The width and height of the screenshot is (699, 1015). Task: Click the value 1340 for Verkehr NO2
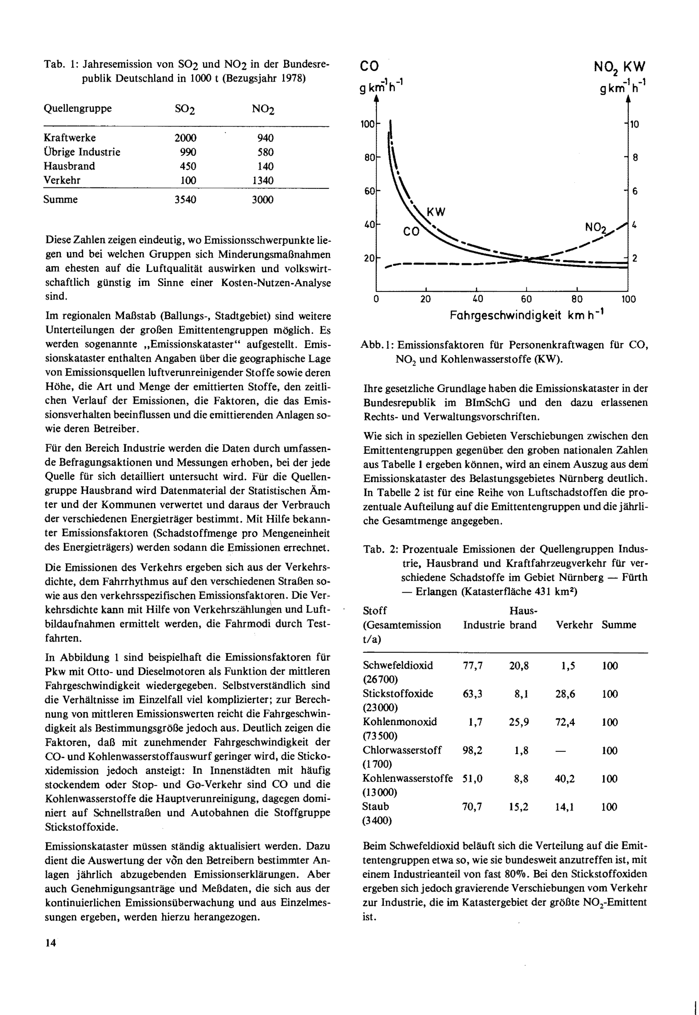(263, 180)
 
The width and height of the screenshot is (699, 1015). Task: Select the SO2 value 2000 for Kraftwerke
(185, 138)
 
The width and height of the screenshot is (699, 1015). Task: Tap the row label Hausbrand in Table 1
(69, 166)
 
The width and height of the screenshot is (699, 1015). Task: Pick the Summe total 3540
(185, 200)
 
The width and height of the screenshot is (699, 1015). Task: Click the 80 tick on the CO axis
(369, 157)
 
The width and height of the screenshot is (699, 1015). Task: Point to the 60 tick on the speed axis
(526, 299)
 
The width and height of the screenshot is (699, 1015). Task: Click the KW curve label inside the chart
(436, 212)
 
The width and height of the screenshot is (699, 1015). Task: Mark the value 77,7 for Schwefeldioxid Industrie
(473, 666)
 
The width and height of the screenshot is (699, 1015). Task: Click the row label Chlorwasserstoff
(402, 750)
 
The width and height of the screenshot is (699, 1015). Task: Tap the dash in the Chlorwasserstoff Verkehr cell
(565, 751)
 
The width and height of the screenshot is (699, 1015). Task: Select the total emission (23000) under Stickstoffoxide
(380, 708)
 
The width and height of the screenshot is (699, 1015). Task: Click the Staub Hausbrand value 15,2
(519, 806)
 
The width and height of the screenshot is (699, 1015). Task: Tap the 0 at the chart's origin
(376, 299)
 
